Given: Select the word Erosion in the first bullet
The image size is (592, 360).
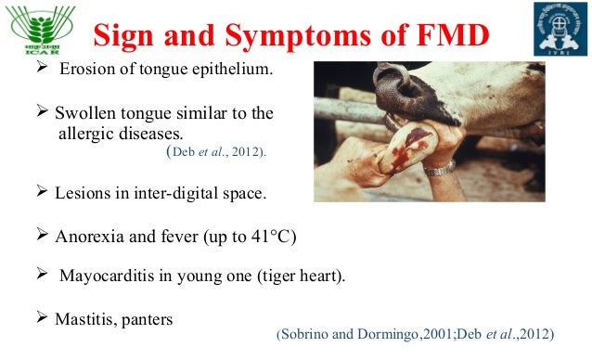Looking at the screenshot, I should [86, 72].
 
